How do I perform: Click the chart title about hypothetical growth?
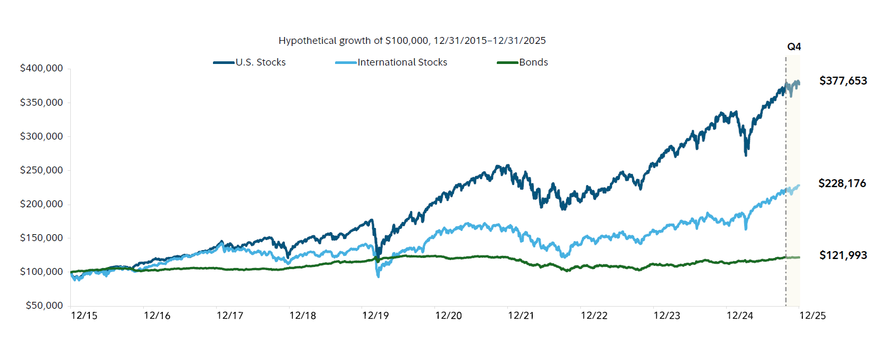(x=412, y=41)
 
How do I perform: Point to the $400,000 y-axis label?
(x=41, y=68)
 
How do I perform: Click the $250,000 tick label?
(x=41, y=170)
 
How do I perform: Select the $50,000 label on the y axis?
(x=44, y=306)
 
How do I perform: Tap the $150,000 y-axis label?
(x=41, y=238)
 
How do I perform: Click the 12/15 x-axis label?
(x=84, y=316)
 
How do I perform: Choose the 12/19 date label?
(x=375, y=316)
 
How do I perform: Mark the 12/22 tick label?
(x=594, y=316)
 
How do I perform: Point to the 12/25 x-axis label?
(x=812, y=316)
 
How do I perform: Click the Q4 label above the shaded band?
(x=794, y=47)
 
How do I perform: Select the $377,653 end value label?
(x=843, y=81)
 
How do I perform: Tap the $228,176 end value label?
(x=842, y=183)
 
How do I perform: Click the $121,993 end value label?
(x=843, y=255)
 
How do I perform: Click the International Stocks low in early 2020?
(x=378, y=276)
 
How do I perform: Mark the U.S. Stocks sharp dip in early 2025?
(x=746, y=154)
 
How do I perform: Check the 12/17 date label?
(x=230, y=316)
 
